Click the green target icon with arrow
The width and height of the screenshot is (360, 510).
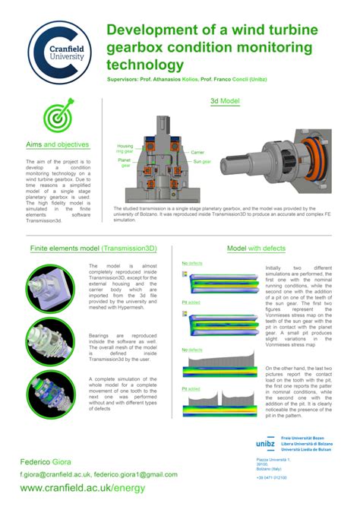click(58, 116)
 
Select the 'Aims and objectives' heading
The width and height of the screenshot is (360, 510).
click(58, 144)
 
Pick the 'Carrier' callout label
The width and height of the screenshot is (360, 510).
click(197, 152)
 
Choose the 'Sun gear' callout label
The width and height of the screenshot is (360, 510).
click(201, 162)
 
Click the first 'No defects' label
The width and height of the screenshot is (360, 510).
click(192, 264)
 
